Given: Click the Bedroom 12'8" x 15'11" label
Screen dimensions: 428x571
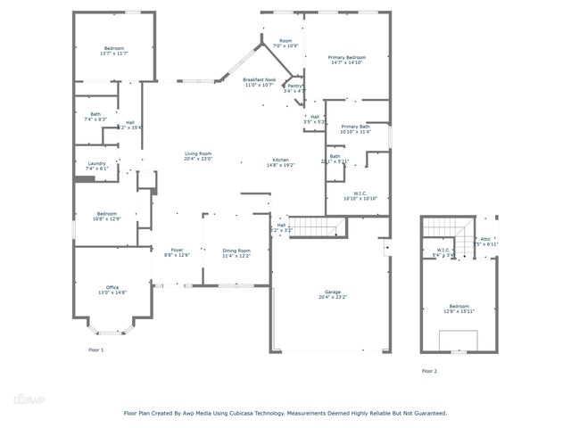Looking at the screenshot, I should point(459,309).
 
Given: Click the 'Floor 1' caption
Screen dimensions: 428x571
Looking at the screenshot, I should point(95,350).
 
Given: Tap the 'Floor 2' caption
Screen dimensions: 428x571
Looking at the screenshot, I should point(429,371).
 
